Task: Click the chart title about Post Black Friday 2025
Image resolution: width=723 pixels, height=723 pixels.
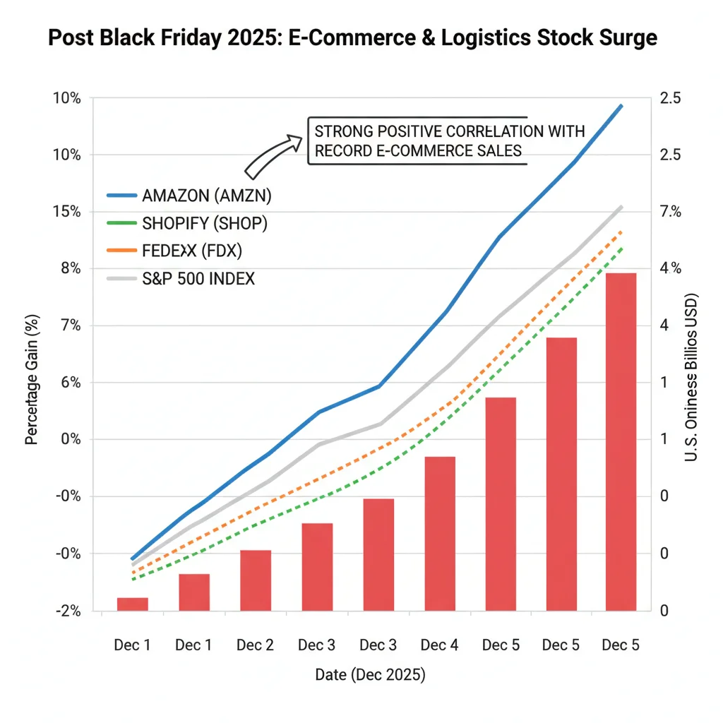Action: (352, 38)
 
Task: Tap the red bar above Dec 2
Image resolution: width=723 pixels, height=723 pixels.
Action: (256, 580)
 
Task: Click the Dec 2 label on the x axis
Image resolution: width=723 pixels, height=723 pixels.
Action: (256, 645)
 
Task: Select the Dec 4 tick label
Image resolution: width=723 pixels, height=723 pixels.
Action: (440, 645)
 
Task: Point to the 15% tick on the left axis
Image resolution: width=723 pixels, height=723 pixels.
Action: (67, 212)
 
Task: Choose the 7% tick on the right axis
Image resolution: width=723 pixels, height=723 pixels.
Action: (669, 212)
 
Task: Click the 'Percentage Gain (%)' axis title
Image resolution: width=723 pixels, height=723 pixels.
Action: (31, 380)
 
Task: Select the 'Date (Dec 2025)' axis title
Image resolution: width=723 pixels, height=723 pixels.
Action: (370, 676)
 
